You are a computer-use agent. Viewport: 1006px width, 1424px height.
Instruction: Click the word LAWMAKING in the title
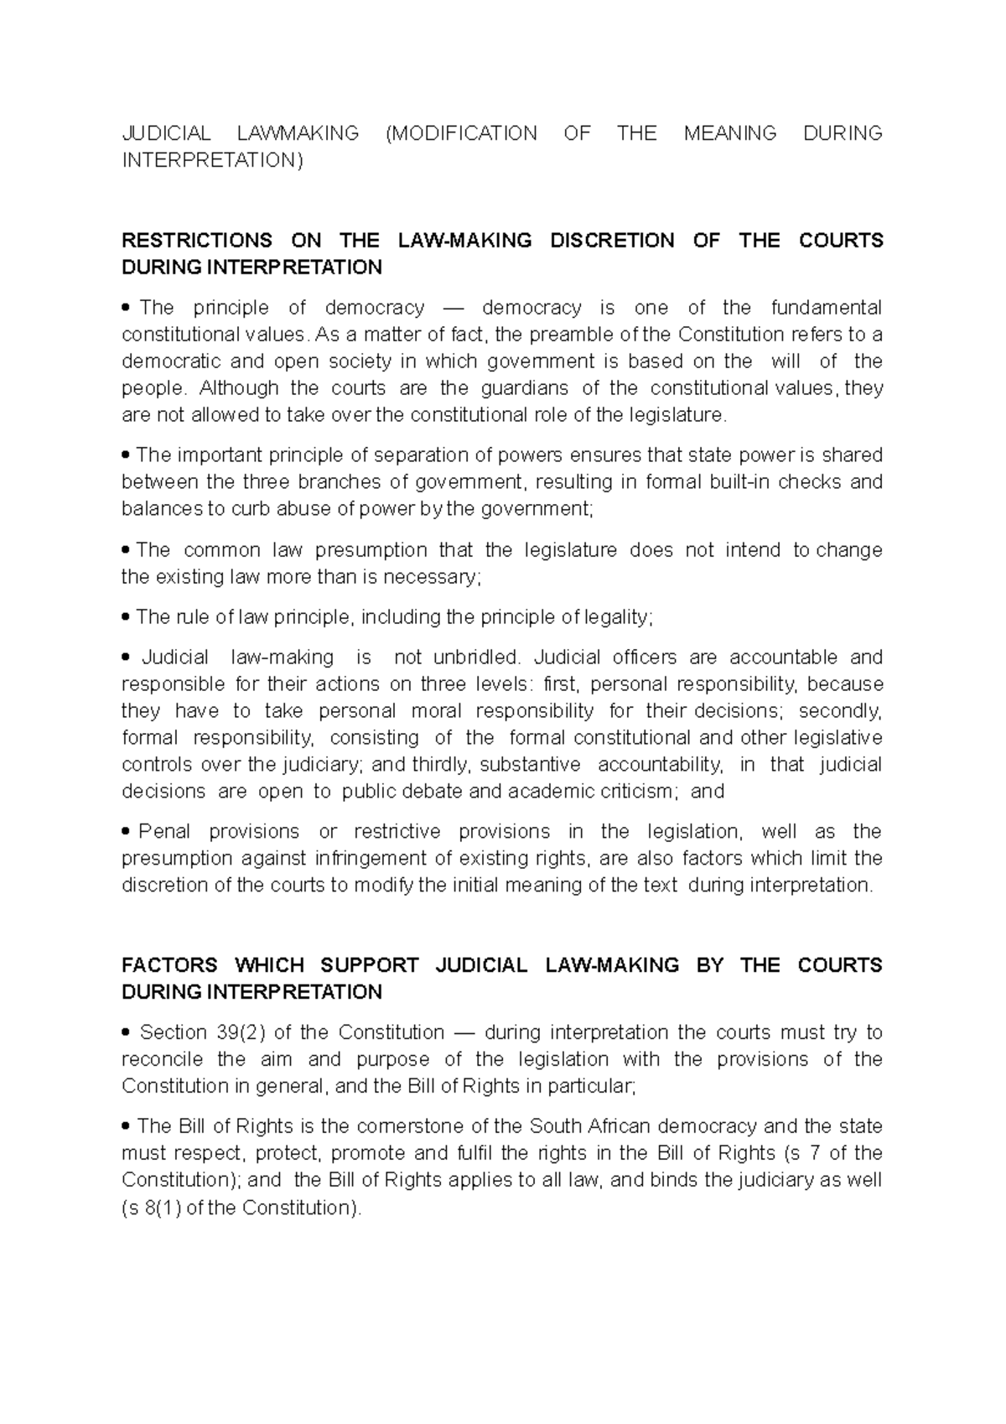click(298, 133)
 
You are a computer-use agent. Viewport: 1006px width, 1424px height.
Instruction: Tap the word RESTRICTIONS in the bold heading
click(197, 241)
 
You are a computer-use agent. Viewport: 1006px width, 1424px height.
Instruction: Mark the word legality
click(617, 617)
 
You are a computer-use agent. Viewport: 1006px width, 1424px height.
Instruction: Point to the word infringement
click(363, 859)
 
